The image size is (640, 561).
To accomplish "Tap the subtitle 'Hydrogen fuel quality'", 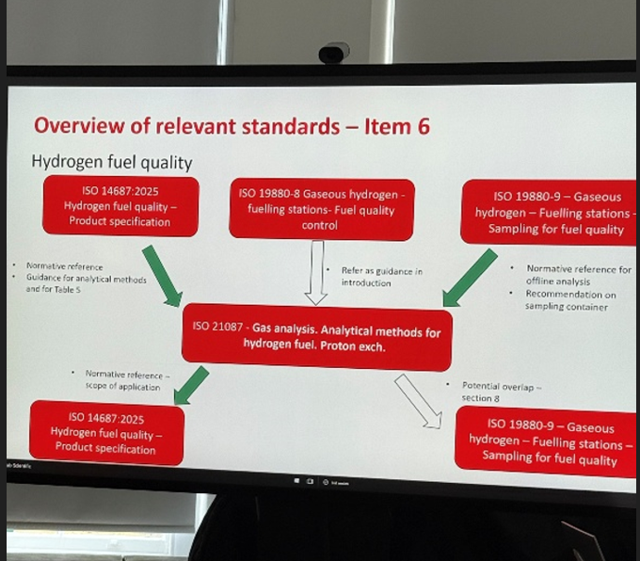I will [x=112, y=161].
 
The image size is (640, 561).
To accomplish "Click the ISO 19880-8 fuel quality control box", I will [x=322, y=208].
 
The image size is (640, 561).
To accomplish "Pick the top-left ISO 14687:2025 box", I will [x=120, y=206].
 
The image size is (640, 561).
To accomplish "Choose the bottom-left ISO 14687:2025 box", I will [x=106, y=432].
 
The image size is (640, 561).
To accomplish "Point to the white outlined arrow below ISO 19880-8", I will [x=316, y=272].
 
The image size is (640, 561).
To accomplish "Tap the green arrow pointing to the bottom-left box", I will [x=192, y=385].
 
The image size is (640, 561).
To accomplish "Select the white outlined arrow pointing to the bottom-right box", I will [x=418, y=401].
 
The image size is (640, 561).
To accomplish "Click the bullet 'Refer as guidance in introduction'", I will [x=383, y=277].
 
